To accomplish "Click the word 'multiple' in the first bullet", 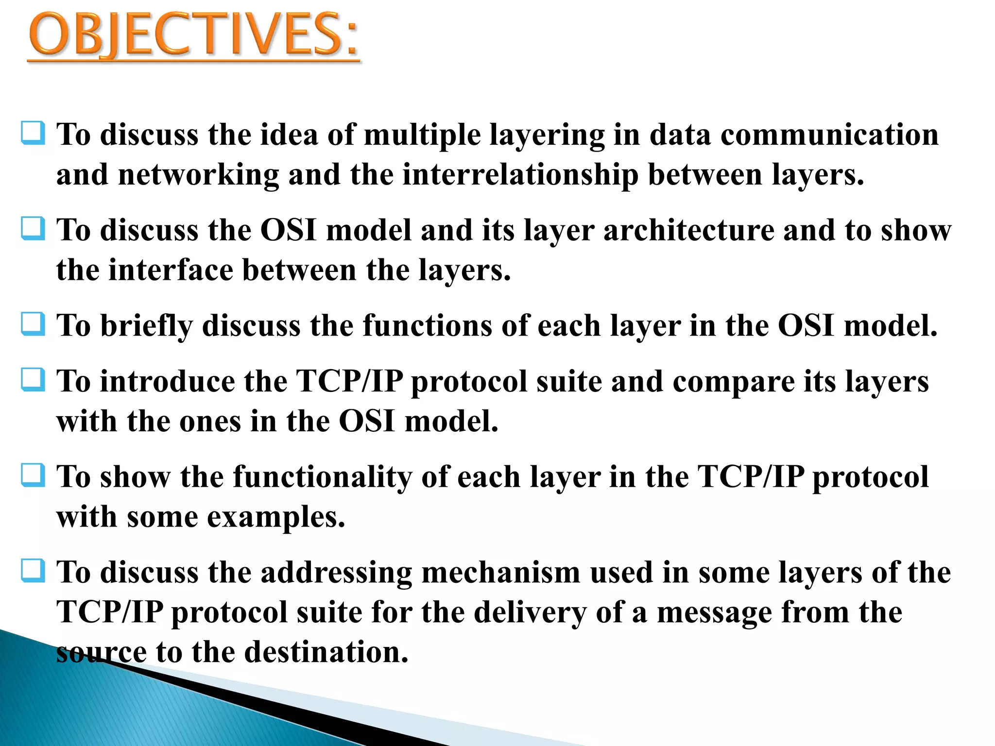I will (422, 135).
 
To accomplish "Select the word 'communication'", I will (829, 135).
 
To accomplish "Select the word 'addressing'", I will (336, 573).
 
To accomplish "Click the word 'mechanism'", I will (500, 572).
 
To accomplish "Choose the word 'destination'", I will (326, 652).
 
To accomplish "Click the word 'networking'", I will (198, 175).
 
